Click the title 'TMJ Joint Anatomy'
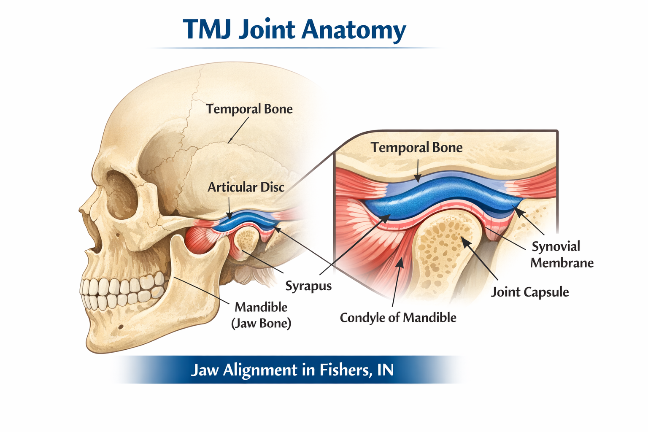click(x=294, y=30)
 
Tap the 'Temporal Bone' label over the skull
click(x=249, y=109)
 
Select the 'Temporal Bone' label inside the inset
click(x=416, y=148)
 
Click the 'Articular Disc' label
click(x=246, y=187)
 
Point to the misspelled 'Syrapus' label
click(x=308, y=286)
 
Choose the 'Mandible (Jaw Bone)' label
click(x=261, y=315)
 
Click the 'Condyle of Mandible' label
click(x=398, y=317)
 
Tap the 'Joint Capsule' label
click(x=529, y=292)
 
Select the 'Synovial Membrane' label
click(x=562, y=254)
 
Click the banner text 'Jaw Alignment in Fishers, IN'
click(x=292, y=370)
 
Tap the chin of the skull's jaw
click(x=101, y=337)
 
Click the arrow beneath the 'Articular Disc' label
click(x=229, y=209)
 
